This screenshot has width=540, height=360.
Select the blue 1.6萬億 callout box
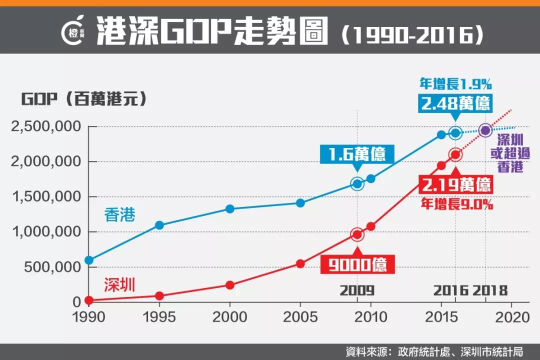click(357, 154)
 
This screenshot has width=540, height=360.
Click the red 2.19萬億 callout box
click(455, 186)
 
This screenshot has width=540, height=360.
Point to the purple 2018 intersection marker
click(484, 130)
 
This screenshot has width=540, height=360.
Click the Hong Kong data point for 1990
click(89, 260)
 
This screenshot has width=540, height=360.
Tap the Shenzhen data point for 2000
click(229, 285)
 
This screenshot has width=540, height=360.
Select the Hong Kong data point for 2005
click(300, 203)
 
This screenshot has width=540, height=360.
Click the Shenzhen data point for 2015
click(441, 165)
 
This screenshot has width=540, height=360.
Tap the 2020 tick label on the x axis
click(511, 317)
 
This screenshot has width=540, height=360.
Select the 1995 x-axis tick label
click(159, 317)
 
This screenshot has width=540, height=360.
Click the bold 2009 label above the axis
click(357, 290)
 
